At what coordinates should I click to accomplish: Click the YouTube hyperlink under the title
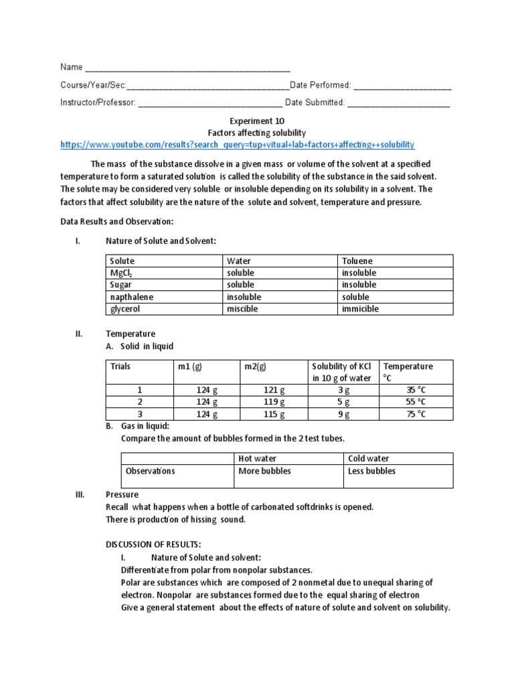pyautogui.click(x=237, y=145)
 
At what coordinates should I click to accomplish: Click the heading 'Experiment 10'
pyautogui.click(x=258, y=121)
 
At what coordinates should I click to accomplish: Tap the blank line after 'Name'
pyautogui.click(x=188, y=68)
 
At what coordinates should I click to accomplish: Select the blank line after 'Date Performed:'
pyautogui.click(x=402, y=86)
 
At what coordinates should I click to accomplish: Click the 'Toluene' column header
pyautogui.click(x=357, y=261)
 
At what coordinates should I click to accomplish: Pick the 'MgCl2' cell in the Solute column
pyautogui.click(x=122, y=273)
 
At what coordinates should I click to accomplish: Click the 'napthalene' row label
pyautogui.click(x=132, y=297)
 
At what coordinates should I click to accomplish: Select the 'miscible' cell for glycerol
pyautogui.click(x=242, y=309)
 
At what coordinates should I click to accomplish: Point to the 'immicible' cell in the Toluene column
pyautogui.click(x=360, y=309)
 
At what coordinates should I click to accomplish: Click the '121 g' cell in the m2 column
pyautogui.click(x=273, y=390)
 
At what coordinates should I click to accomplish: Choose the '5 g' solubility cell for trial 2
pyautogui.click(x=343, y=402)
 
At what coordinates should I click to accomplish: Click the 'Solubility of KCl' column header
pyautogui.click(x=342, y=372)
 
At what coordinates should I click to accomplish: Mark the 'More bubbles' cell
pyautogui.click(x=265, y=471)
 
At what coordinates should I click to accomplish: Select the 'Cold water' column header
pyautogui.click(x=369, y=459)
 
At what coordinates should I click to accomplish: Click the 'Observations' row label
pyautogui.click(x=151, y=471)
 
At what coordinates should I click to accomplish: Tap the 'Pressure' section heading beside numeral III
pyautogui.click(x=122, y=495)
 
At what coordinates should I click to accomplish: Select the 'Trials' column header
pyautogui.click(x=121, y=366)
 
